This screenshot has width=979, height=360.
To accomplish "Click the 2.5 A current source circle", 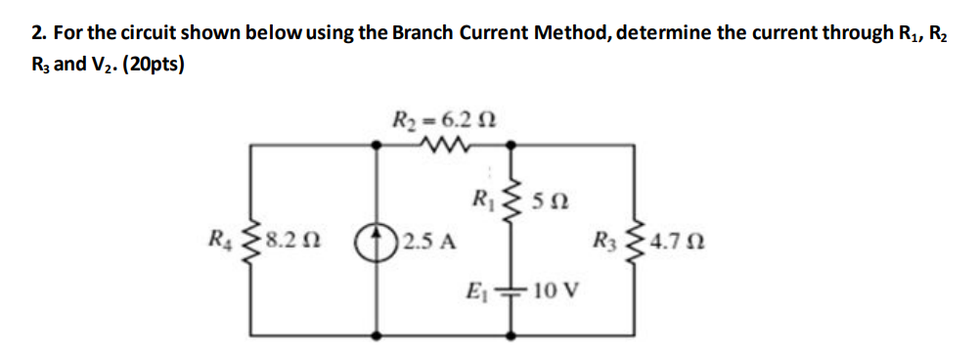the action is point(376,240).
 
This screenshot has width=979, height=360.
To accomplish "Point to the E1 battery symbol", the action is point(511,289).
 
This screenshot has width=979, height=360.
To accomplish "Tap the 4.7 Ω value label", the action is point(677,241).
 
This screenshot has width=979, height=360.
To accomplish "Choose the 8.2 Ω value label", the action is point(293,241).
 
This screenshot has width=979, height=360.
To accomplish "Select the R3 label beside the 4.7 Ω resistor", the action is point(608,241).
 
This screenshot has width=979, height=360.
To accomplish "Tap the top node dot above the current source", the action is point(376,145).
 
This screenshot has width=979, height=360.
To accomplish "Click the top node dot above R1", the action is point(511,145).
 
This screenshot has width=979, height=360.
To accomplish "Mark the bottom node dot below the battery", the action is point(511,337).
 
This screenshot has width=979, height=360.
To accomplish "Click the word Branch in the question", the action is point(423,32).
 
